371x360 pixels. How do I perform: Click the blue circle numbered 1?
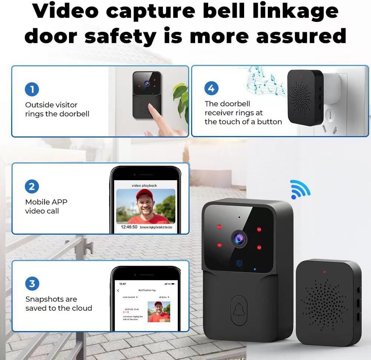(x=32, y=89)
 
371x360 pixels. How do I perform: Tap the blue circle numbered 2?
(x=32, y=186)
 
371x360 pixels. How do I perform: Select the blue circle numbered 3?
(x=32, y=284)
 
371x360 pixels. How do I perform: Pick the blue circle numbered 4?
(x=211, y=88)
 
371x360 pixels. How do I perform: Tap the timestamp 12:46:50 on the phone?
(x=129, y=227)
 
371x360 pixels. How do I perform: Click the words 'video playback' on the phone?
(x=144, y=185)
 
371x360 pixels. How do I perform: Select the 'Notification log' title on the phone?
(x=147, y=290)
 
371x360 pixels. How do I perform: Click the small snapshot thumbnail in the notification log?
(x=159, y=311)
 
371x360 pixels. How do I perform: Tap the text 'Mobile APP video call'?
(x=46, y=207)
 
